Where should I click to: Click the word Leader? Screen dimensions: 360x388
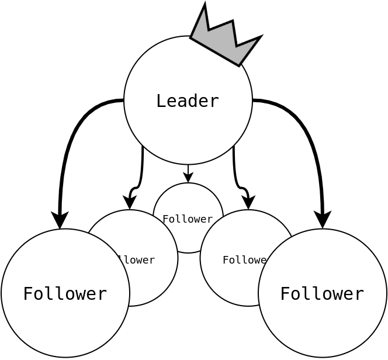(x=188, y=101)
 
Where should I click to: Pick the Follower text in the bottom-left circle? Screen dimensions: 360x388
(x=65, y=293)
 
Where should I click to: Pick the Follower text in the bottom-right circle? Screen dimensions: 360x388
(x=322, y=293)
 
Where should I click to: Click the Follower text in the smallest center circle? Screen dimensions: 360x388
(x=188, y=219)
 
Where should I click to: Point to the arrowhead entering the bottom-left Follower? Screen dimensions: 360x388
(x=60, y=220)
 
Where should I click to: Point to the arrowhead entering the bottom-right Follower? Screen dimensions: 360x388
(x=323, y=220)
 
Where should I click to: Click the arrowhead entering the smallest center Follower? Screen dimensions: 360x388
(x=188, y=178)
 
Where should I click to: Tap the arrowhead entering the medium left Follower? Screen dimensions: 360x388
(x=130, y=203)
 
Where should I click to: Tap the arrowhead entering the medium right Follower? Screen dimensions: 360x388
(x=248, y=203)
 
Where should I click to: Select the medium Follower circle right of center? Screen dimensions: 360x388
(x=234, y=281)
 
